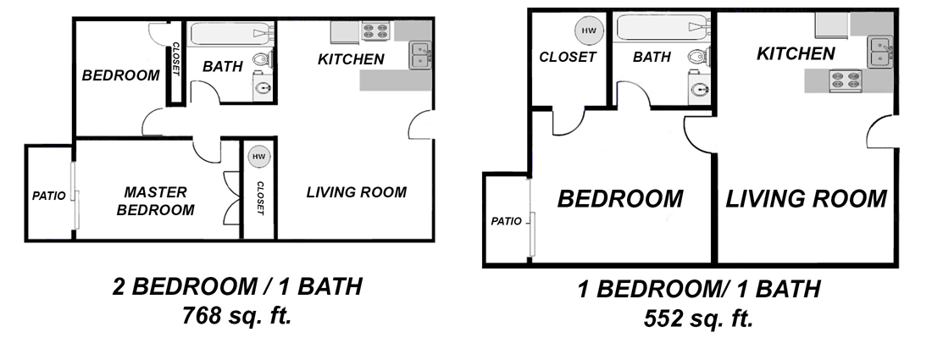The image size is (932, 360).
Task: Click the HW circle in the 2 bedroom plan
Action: click(x=258, y=157)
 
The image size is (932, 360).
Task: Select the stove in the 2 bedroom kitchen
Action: click(x=374, y=30)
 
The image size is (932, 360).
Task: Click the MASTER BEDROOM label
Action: click(x=155, y=201)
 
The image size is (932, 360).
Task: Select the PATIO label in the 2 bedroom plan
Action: click(x=49, y=196)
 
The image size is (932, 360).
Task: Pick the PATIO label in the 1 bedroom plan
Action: click(x=507, y=221)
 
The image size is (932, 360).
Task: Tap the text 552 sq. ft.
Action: click(x=699, y=318)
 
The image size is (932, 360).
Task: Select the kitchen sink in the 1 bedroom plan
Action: click(x=881, y=50)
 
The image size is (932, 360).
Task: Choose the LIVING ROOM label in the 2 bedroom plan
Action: click(x=356, y=192)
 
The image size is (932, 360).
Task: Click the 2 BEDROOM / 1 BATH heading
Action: click(x=237, y=287)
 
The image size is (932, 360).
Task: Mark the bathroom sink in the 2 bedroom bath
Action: click(x=264, y=87)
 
